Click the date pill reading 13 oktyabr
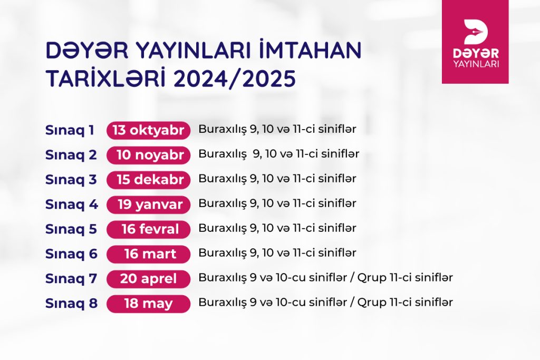coord(148,130)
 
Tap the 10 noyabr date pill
coord(148,155)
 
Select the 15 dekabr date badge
coord(148,180)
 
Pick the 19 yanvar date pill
coord(148,205)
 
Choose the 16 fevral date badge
coord(148,230)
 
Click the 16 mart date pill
coord(148,255)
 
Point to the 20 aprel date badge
coord(148,279)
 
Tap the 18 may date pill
coord(148,304)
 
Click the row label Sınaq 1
coord(70,131)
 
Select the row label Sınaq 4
coord(72,205)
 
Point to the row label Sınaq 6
coord(72,255)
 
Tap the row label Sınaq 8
coord(72,304)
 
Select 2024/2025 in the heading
coord(235,79)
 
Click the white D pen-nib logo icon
coord(476,32)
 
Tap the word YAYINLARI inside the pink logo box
coord(476,64)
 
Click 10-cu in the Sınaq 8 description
coord(291,302)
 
